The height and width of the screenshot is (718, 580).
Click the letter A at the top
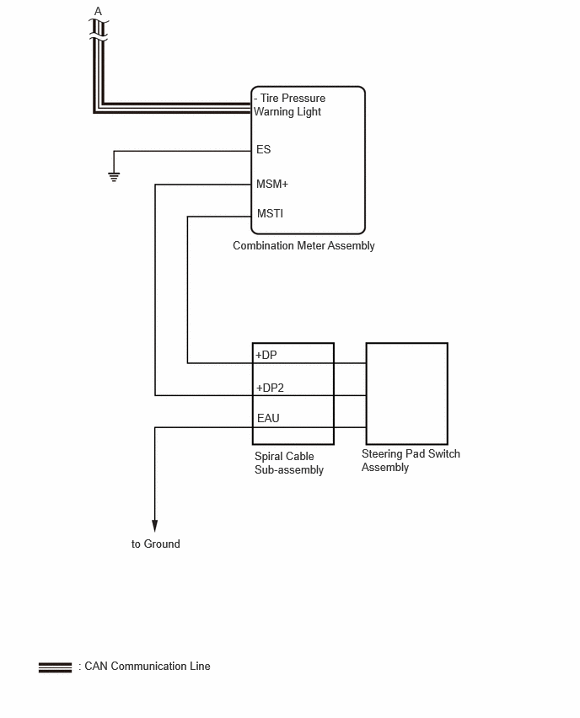click(98, 11)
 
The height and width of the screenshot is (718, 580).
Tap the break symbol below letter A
click(99, 30)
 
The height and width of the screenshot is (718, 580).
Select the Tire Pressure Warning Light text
click(289, 104)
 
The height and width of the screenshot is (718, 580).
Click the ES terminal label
click(263, 149)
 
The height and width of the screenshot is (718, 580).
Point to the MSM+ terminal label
click(272, 184)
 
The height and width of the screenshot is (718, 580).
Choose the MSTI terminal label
click(271, 213)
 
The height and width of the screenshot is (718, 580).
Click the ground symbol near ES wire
click(114, 177)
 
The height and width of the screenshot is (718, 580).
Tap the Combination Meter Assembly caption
click(303, 246)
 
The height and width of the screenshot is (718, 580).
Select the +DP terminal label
click(266, 355)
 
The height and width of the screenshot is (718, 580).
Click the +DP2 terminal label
click(271, 388)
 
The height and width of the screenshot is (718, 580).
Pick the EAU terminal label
click(268, 418)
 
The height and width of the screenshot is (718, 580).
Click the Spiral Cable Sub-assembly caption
click(289, 463)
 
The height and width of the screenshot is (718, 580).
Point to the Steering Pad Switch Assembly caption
click(411, 461)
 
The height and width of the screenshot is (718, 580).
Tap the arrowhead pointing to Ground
click(155, 526)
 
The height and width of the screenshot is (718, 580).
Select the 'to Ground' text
click(156, 544)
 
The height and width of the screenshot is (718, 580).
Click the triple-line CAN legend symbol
click(56, 667)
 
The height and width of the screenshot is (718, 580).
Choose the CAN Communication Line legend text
click(148, 667)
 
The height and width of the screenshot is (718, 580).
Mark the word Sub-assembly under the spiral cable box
click(289, 469)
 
